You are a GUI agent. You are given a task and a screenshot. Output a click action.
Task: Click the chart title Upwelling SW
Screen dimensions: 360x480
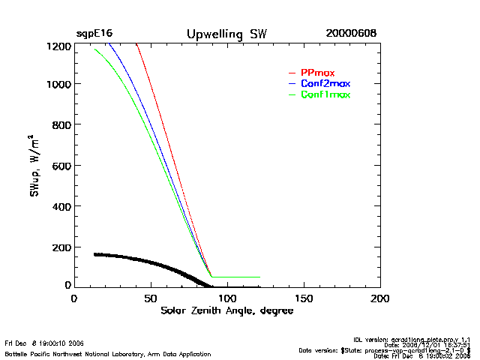pyautogui.click(x=226, y=34)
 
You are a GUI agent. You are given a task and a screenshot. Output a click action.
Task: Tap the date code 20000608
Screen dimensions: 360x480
pyautogui.click(x=351, y=34)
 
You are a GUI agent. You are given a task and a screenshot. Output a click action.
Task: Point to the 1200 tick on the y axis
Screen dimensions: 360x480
pyautogui.click(x=58, y=46)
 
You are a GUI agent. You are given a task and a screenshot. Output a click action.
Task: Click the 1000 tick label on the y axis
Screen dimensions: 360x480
pyautogui.click(x=58, y=85)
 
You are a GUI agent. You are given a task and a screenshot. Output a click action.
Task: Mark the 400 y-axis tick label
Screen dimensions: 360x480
pyautogui.click(x=61, y=206)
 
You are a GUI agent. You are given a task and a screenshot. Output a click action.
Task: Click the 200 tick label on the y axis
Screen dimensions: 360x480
pyautogui.click(x=61, y=247)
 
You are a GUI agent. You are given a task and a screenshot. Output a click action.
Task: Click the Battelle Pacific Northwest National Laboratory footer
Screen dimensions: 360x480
pyautogui.click(x=86, y=352)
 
